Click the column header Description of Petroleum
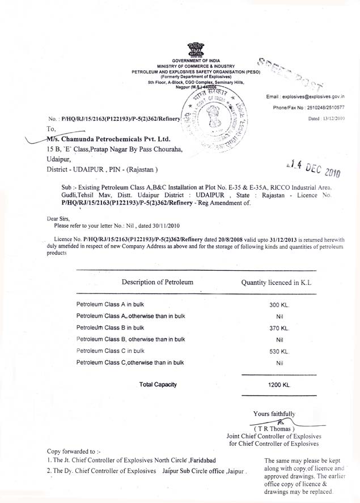tap(158, 282)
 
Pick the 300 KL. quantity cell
tap(279, 305)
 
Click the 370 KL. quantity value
tap(279, 328)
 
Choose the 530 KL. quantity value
tap(279, 351)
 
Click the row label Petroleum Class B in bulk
tap(110, 327)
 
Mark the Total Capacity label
tap(158, 385)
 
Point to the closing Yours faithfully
tap(274, 414)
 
